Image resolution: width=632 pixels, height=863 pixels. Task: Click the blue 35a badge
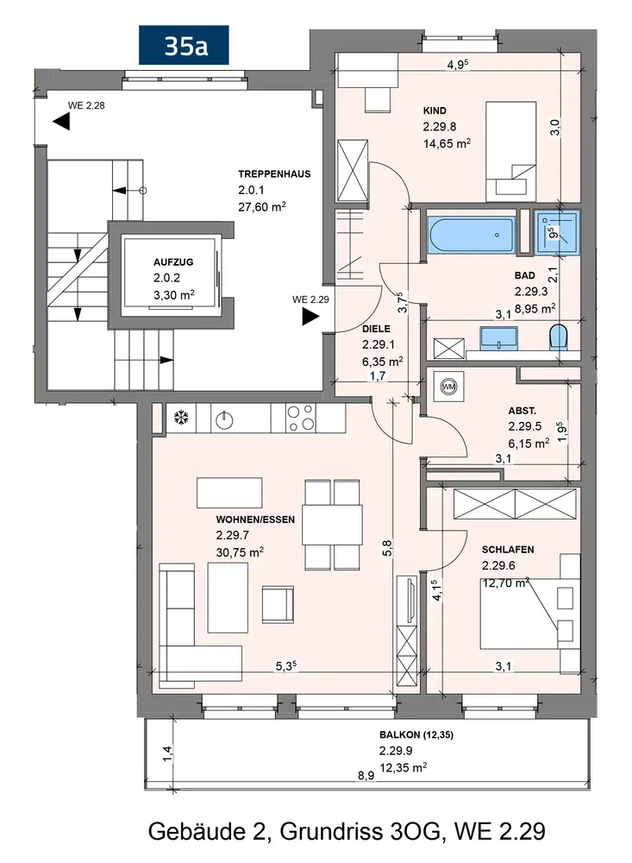[184, 45]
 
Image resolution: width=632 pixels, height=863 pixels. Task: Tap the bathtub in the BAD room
[472, 235]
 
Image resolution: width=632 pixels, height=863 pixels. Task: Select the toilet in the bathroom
[559, 337]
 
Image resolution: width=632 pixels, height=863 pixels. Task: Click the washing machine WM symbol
[449, 387]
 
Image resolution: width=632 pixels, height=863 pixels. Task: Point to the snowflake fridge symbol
[180, 418]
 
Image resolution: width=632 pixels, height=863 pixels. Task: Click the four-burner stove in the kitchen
[301, 418]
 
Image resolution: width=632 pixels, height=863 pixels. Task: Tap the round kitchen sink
[224, 420]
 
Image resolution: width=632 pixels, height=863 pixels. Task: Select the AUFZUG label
[173, 262]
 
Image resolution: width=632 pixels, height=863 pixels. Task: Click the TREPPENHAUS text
[274, 174]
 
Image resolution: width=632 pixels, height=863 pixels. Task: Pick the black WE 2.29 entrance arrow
[310, 317]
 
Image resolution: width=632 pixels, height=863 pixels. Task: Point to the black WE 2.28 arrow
[61, 122]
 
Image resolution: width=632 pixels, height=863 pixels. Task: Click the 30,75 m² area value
[240, 552]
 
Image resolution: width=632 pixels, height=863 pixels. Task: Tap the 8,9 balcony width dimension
[366, 776]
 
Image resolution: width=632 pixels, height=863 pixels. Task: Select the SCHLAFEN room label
[508, 549]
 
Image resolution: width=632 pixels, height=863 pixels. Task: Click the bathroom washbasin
[499, 338]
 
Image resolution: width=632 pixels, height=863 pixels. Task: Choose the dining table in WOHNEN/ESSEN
[332, 525]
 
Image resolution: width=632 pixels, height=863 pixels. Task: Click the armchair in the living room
[278, 604]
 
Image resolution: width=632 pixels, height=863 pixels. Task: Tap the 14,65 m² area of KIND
[447, 143]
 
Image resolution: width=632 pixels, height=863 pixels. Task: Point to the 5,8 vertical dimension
[387, 548]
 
